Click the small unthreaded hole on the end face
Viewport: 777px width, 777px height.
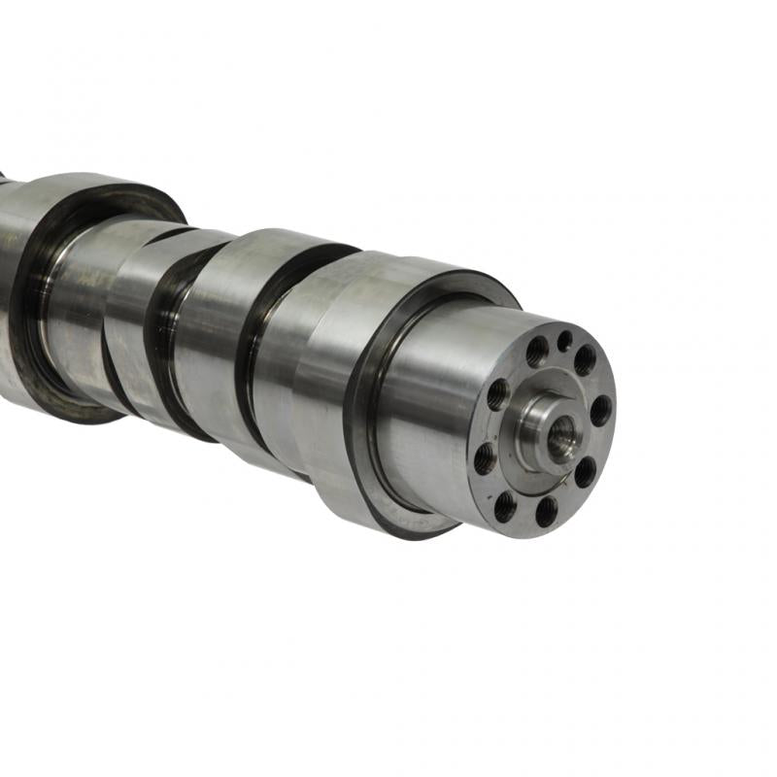tap(564, 339)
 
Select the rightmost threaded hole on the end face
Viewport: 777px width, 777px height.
tap(601, 409)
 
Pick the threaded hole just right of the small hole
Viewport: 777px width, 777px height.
tap(585, 359)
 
